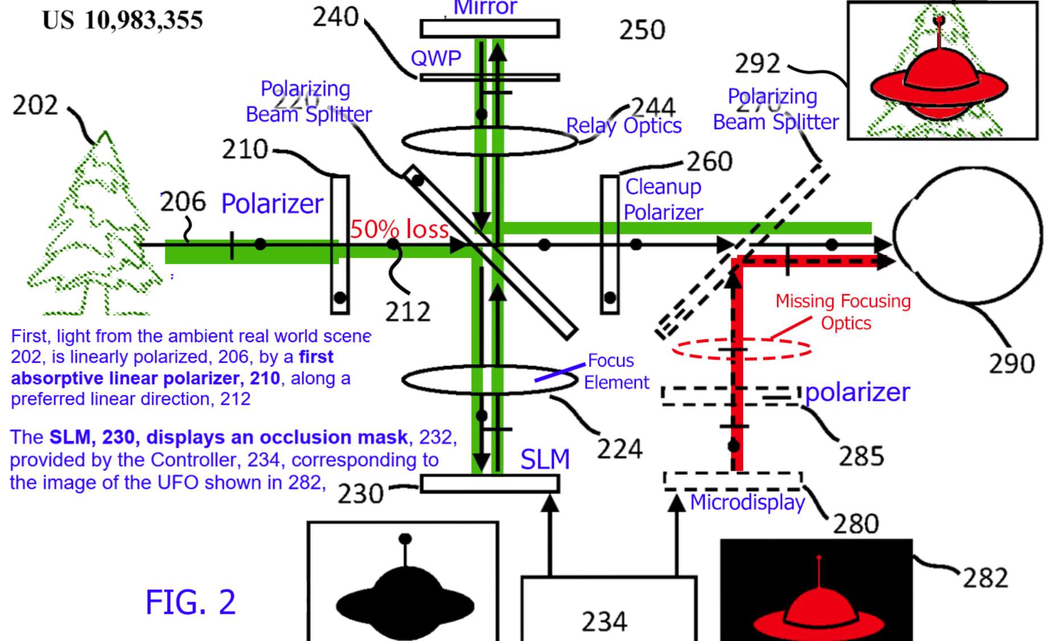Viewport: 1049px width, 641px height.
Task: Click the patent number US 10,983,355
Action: pos(122,20)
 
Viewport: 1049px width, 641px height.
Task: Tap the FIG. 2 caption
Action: pos(190,602)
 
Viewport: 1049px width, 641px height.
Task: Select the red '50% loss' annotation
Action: pos(399,229)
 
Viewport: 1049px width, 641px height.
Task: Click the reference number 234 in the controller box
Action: pos(604,621)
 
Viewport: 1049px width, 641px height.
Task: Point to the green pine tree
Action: pos(94,228)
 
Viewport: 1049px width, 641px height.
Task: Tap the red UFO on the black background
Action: pos(818,609)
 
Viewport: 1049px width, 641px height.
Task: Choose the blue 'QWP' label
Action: pos(435,58)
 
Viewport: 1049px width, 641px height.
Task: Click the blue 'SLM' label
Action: pos(545,459)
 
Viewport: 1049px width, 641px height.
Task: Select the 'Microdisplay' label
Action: pos(747,502)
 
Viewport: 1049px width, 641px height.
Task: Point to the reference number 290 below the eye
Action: pos(1011,364)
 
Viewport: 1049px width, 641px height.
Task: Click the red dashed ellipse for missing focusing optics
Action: pos(742,348)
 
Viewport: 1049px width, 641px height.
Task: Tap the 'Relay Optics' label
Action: pos(624,125)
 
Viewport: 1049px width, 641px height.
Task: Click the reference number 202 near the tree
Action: pos(35,105)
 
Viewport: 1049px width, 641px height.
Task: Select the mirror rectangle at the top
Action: pos(489,28)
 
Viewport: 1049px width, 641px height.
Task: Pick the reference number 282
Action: pos(985,578)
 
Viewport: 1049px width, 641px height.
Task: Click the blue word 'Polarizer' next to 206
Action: pos(272,203)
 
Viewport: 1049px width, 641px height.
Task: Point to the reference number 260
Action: pos(709,162)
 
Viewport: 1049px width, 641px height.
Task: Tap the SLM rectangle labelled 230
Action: pos(489,484)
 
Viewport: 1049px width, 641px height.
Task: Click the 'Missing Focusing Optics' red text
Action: pos(843,311)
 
